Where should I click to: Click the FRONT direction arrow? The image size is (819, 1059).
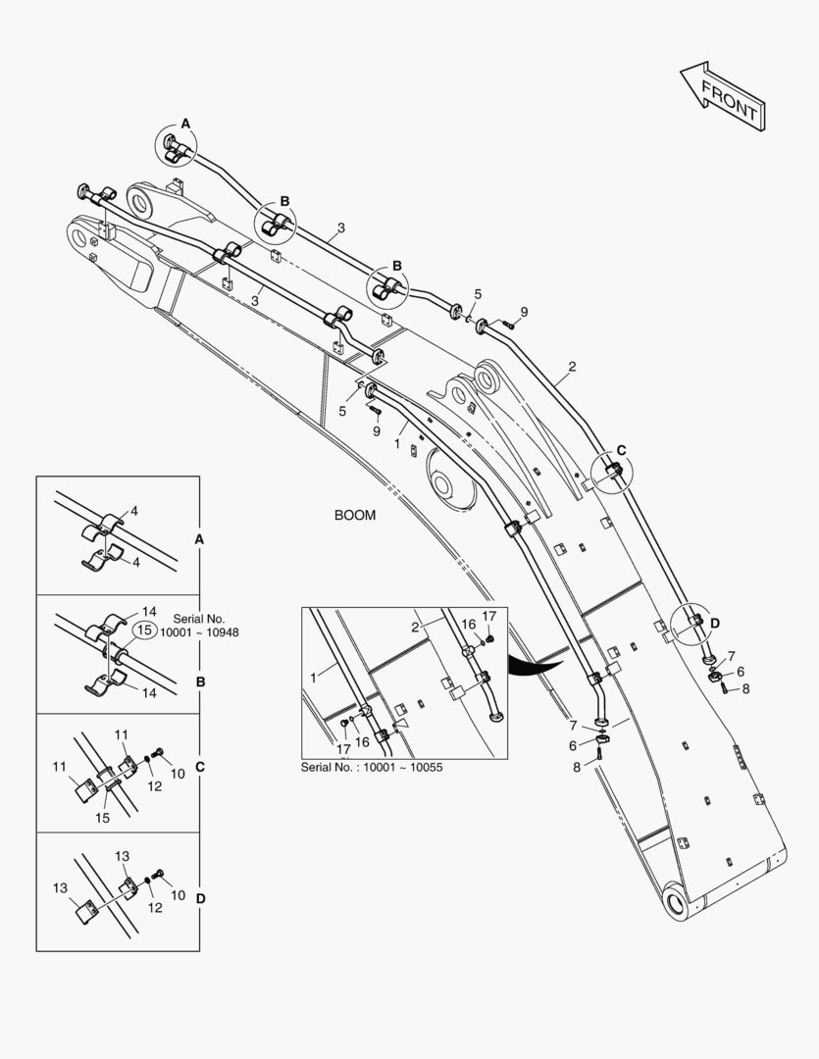721,97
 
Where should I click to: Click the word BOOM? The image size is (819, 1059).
355,515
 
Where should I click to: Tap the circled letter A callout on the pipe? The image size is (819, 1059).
184,122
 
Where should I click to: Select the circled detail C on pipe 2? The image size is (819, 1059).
620,450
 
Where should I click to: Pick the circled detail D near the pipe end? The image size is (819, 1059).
714,622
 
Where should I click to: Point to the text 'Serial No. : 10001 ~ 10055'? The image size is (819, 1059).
372,767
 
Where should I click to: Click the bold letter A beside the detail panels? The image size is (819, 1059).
199,539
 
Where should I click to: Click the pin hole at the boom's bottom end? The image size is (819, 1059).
675,899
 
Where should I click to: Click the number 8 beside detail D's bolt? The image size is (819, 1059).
744,688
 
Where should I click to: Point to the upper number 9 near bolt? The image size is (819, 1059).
524,312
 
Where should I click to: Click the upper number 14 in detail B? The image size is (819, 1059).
149,611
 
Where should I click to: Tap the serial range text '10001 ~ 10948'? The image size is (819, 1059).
199,632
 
